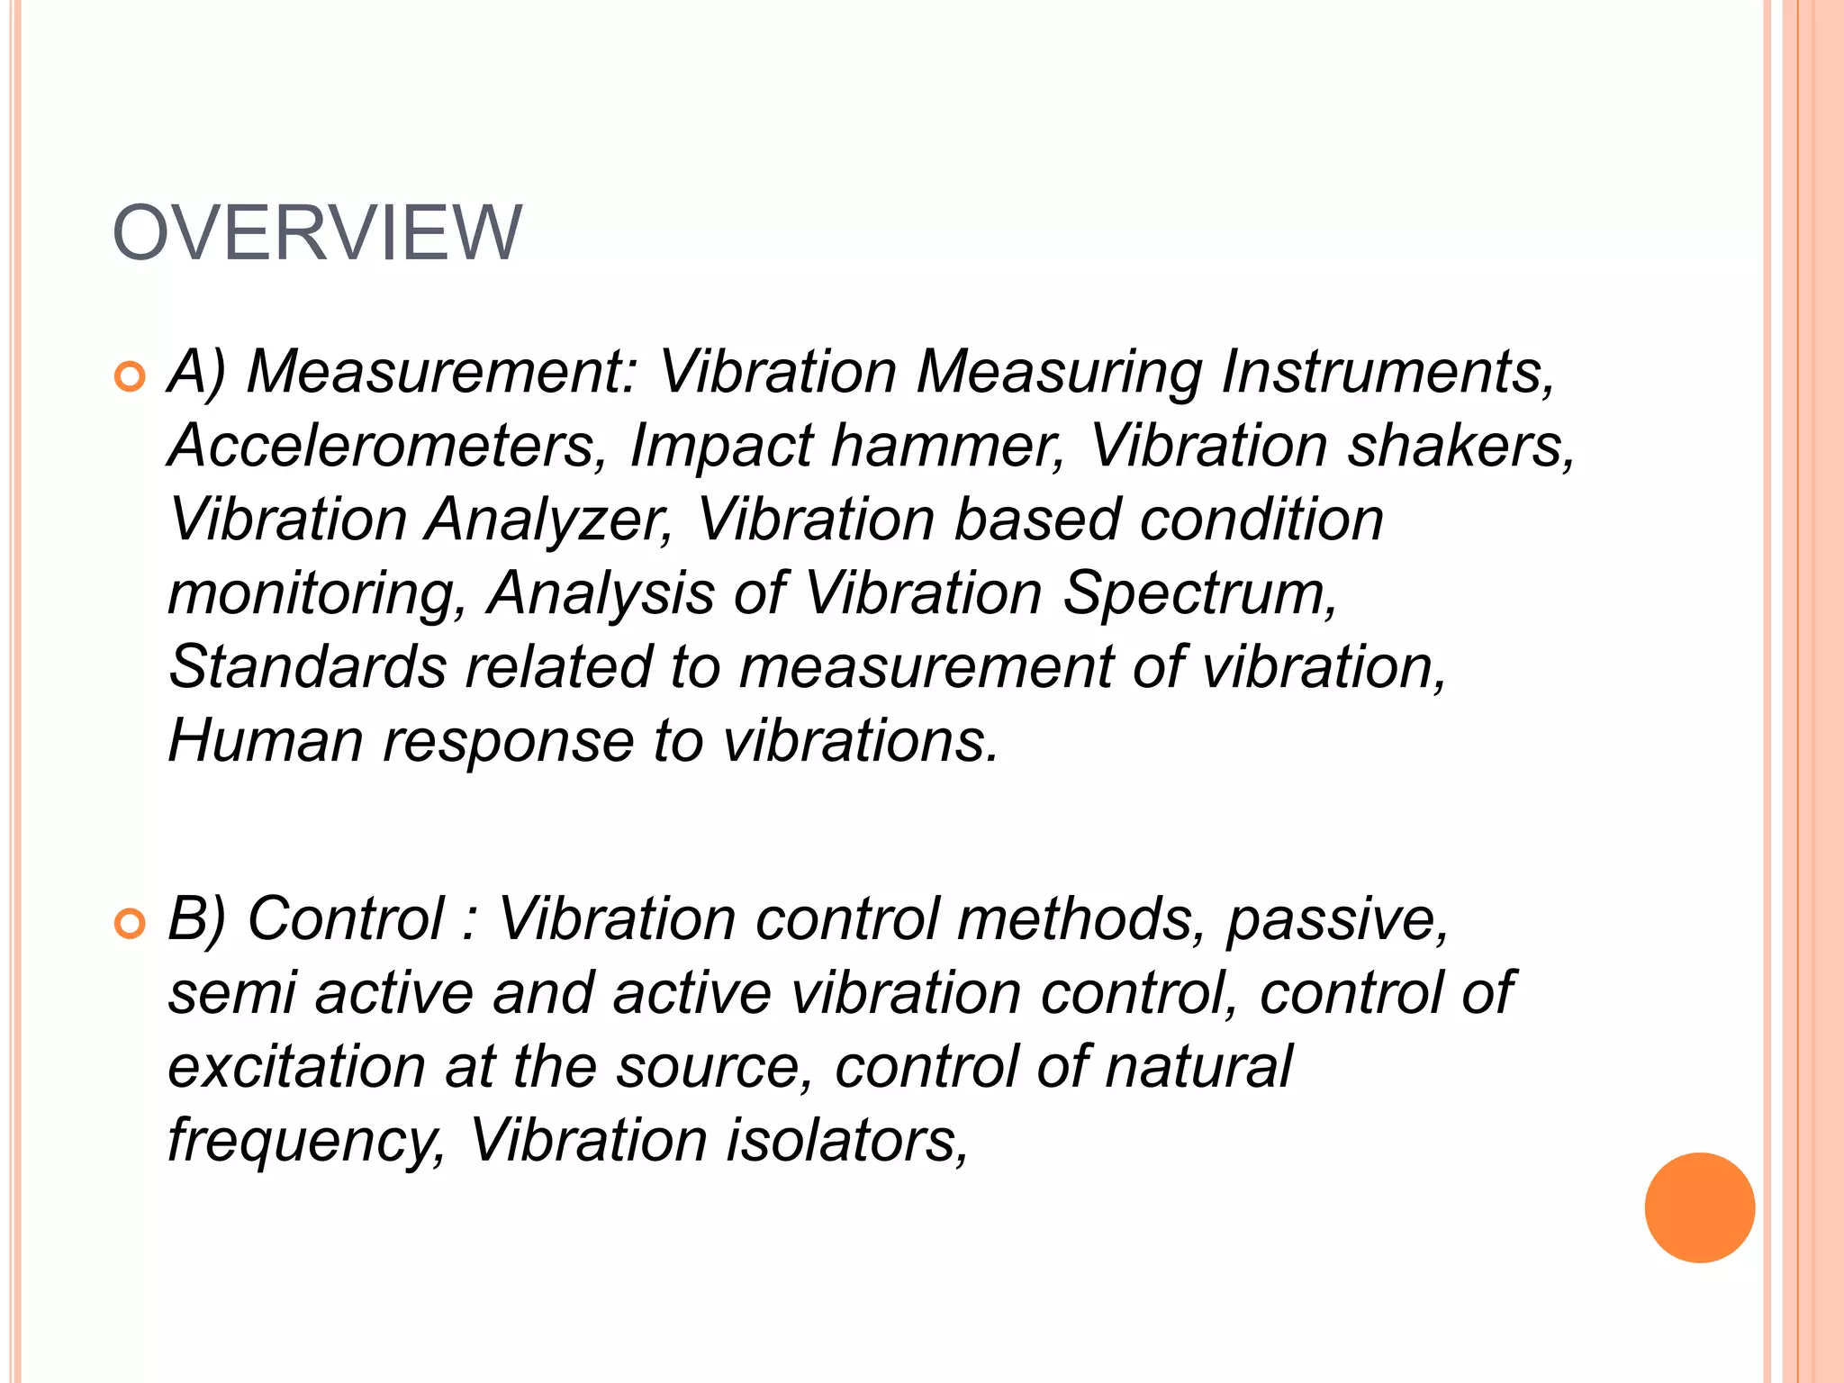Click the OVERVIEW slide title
[x=317, y=232]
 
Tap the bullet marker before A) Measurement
[x=131, y=376]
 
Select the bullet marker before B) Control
[x=131, y=924]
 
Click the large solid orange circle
[x=1699, y=1207]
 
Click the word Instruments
[x=1387, y=371]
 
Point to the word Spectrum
[x=1199, y=595]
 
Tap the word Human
[x=266, y=741]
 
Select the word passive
[x=1337, y=920]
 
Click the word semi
[x=232, y=993]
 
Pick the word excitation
[x=296, y=1067]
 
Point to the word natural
[x=1198, y=1067]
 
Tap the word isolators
[x=847, y=1141]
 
